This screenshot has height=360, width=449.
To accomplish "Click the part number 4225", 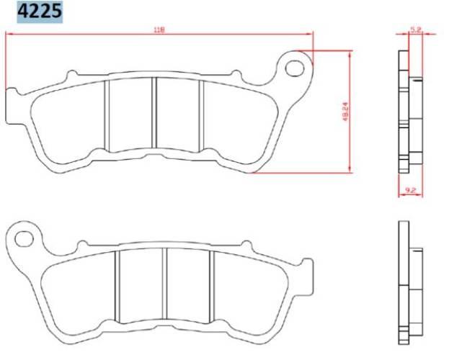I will tap(34, 12).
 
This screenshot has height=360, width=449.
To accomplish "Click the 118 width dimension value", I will tap(159, 30).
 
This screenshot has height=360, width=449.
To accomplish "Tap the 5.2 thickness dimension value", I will tap(415, 29).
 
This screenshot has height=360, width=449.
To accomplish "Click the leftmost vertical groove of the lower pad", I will tap(117, 286).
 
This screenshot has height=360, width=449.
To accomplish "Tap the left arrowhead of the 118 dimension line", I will tap(9, 33).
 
